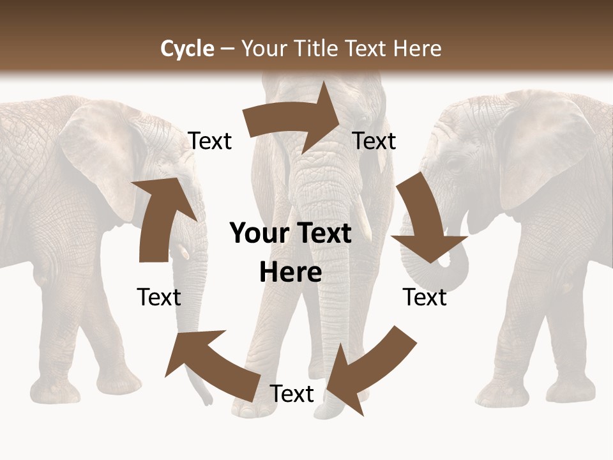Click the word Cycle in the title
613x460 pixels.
(x=187, y=49)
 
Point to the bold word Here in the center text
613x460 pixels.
(x=291, y=272)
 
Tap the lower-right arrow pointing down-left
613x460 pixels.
(x=370, y=367)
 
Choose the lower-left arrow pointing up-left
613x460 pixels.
(x=211, y=361)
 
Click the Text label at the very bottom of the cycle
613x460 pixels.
(x=292, y=394)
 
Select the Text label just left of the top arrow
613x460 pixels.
(x=209, y=141)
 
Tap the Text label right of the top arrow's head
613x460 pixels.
(x=374, y=141)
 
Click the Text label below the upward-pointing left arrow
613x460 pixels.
(x=159, y=297)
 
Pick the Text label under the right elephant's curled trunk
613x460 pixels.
(x=425, y=297)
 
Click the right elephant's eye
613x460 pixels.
(x=454, y=165)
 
